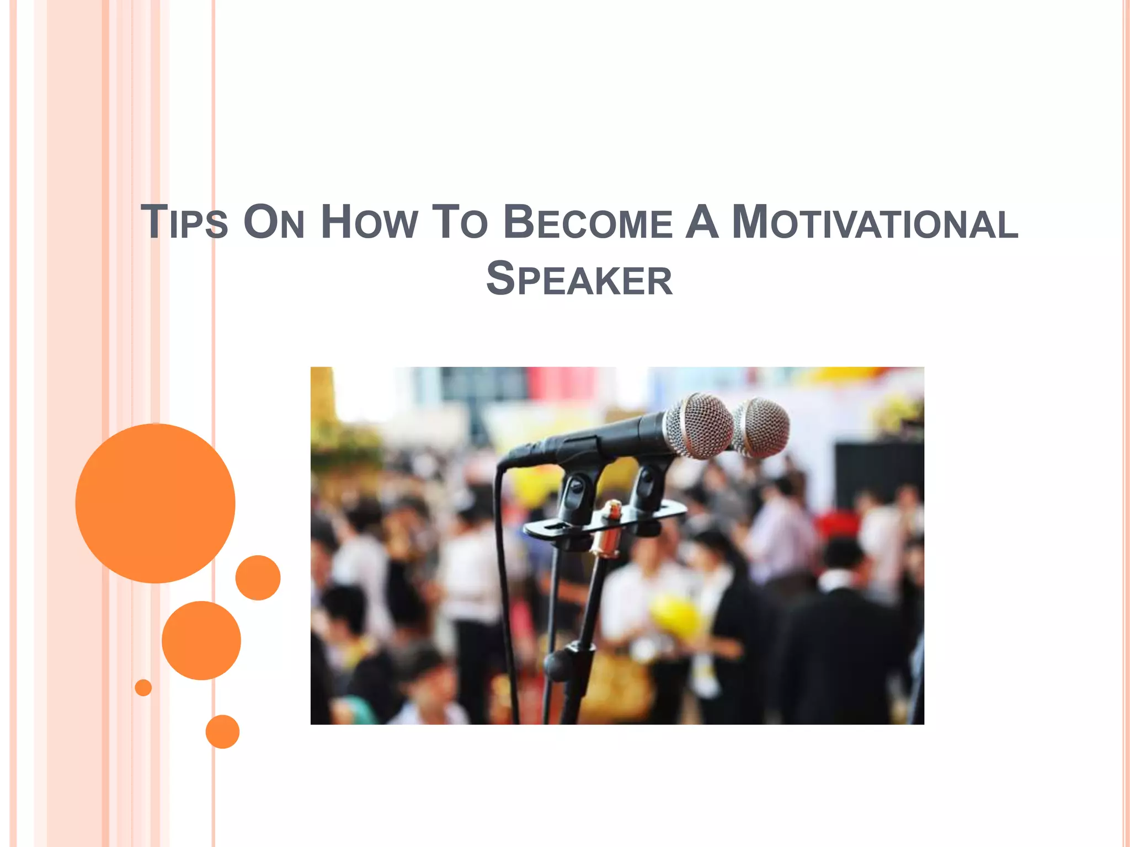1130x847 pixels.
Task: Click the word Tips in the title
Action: pos(184,222)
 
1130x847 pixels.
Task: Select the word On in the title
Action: pos(274,222)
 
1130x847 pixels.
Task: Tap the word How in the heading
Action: pos(369,222)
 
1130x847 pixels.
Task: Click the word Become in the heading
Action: pos(588,222)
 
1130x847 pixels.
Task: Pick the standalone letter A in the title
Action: pos(702,222)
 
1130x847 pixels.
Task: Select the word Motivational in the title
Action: pos(875,222)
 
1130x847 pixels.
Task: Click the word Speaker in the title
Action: pos(579,280)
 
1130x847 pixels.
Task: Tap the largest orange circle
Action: pos(155,503)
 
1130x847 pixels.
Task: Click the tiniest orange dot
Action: pos(143,688)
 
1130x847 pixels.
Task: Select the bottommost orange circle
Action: pos(222,732)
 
